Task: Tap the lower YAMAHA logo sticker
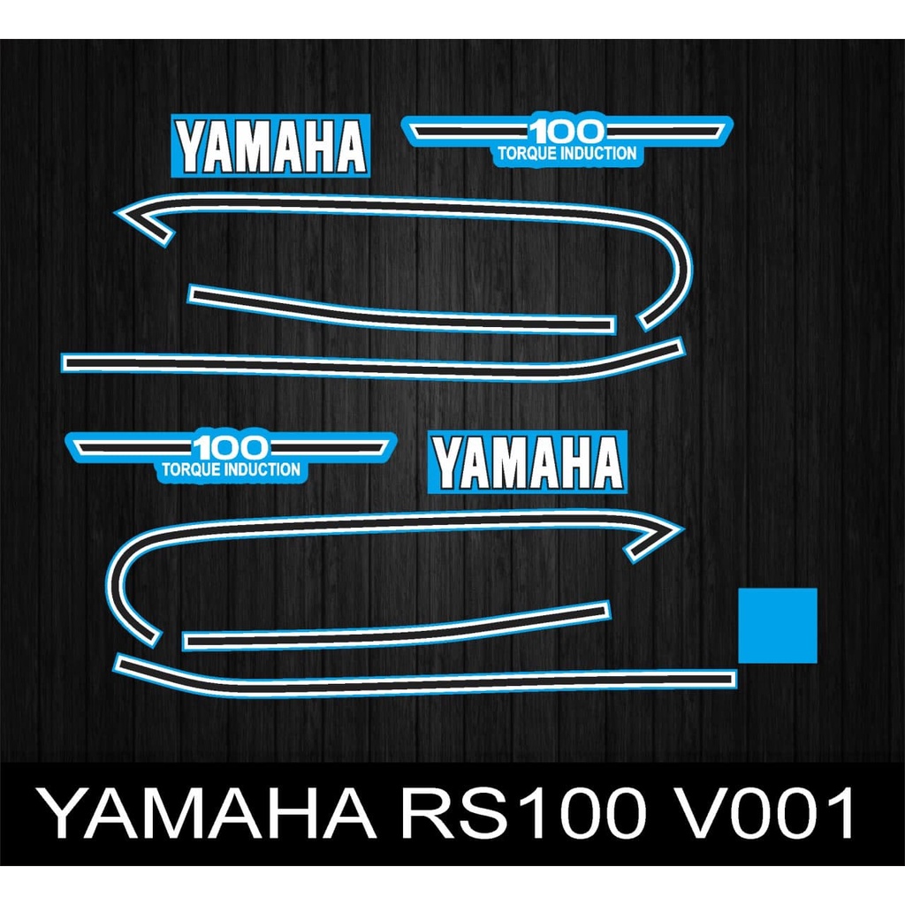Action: tap(527, 462)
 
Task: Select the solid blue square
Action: tap(777, 625)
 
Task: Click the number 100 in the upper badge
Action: tap(566, 133)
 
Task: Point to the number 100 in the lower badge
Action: tap(232, 447)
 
